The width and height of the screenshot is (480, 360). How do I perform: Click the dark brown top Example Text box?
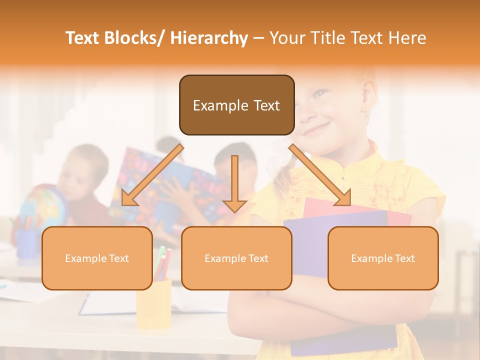(236, 105)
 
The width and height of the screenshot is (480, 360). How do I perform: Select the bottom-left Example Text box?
(97, 258)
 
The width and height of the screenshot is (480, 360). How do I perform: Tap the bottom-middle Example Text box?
(236, 258)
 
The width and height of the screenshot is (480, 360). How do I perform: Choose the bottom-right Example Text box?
(383, 258)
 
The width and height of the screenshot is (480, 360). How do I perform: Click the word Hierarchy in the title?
(209, 38)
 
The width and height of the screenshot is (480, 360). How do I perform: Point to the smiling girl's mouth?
(314, 129)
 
